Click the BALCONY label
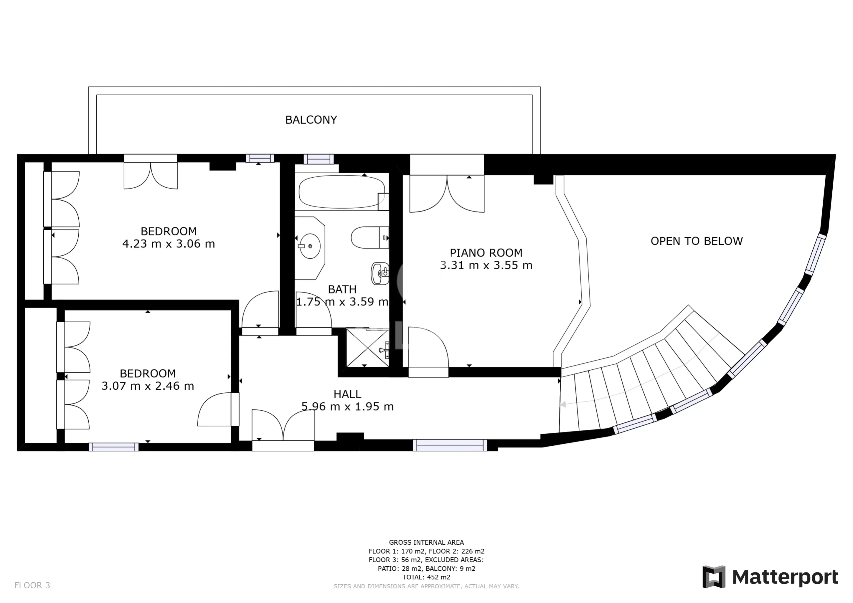coord(311,120)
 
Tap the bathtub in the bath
coord(342,192)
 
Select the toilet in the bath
coord(370,238)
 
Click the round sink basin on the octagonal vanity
coord(310,246)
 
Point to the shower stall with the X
coord(368,347)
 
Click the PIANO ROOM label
coord(486,253)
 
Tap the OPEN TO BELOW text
coord(697,241)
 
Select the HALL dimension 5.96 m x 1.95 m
coord(348,406)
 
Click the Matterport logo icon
coord(714,577)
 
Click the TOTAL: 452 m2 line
coord(426,577)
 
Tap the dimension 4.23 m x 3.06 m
coord(169,244)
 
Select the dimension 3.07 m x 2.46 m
coord(148,386)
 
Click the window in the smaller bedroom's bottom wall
coord(114,447)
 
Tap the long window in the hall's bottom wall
coord(449,445)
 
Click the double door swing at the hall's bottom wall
coord(283,425)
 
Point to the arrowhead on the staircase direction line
coord(563,404)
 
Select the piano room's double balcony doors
coord(447,194)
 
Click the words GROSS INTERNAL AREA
coord(426,542)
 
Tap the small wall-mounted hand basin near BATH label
coord(381,274)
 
